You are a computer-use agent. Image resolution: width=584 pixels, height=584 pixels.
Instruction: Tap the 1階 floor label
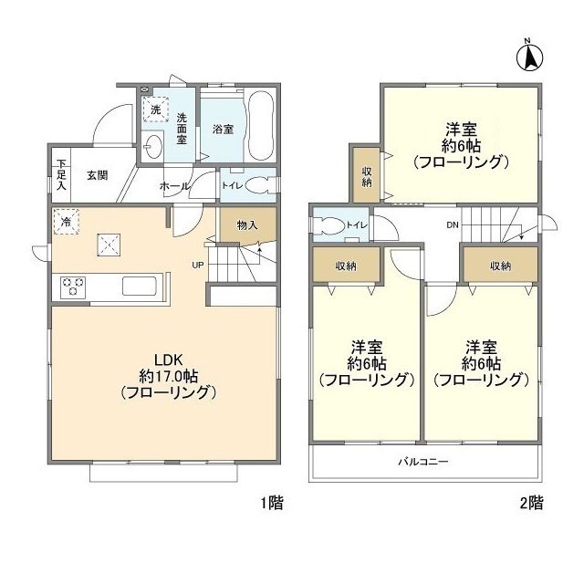(271, 502)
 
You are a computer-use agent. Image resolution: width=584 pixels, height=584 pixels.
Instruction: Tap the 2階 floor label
(532, 502)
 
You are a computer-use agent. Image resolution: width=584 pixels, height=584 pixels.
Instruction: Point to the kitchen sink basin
(141, 286)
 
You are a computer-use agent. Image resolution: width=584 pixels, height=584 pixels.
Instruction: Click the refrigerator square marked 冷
(66, 222)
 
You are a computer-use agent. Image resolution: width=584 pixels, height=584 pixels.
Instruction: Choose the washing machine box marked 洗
(156, 109)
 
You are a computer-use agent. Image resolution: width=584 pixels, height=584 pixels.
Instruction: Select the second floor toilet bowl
(331, 225)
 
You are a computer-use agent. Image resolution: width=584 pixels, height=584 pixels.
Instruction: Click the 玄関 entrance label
(98, 175)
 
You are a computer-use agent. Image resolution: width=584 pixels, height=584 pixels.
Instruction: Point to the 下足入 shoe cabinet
(61, 173)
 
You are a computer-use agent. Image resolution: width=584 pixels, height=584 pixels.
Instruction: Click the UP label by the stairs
(197, 266)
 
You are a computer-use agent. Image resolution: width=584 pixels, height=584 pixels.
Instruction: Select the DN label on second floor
(453, 224)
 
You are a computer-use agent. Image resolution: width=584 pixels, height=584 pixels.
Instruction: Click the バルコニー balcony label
(422, 462)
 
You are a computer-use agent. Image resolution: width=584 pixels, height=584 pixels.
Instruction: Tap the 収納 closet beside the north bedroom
(366, 173)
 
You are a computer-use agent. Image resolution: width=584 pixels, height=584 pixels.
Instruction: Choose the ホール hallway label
(173, 186)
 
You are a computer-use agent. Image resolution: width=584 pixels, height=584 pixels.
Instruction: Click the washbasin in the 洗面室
(152, 145)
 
